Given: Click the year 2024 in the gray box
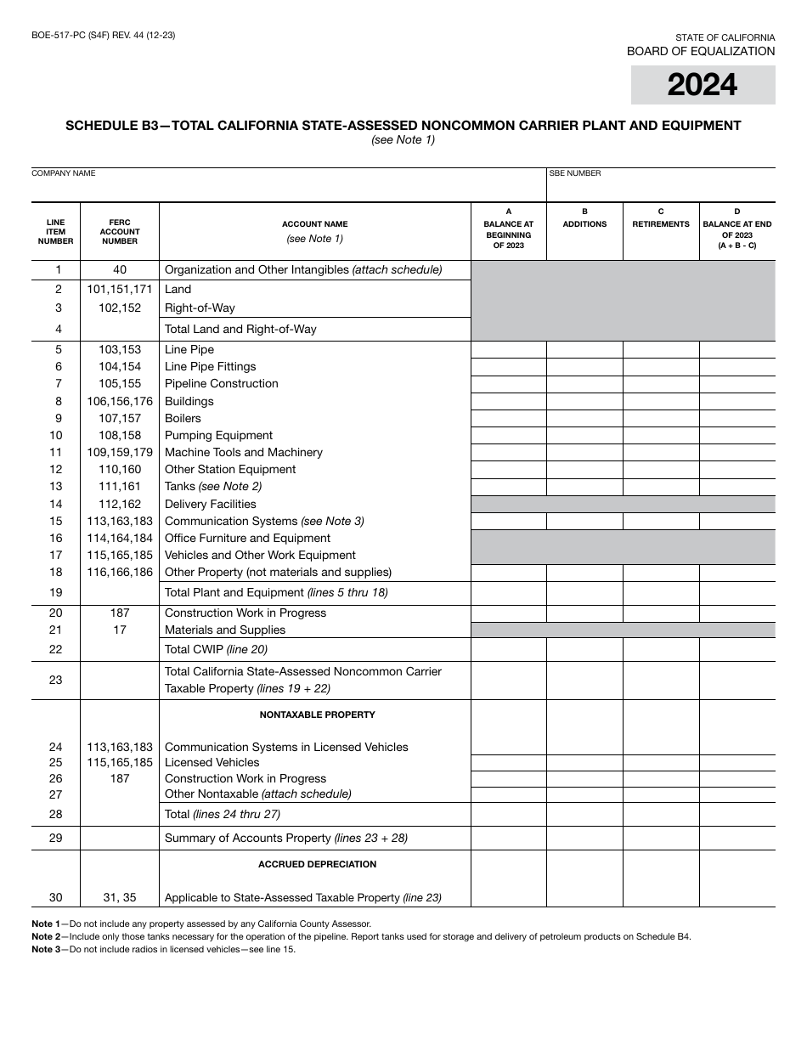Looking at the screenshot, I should tap(703, 85).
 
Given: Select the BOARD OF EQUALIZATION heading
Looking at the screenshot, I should tap(701, 51).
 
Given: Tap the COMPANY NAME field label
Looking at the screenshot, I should tap(64, 173).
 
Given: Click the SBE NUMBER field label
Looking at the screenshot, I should tap(575, 173).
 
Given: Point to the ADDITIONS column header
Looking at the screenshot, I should tap(584, 224).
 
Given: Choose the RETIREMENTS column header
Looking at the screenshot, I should tap(661, 224).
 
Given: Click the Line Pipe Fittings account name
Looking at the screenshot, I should tap(210, 367).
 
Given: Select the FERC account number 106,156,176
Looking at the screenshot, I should tap(120, 401).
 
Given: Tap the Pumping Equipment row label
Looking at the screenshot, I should tap(218, 435).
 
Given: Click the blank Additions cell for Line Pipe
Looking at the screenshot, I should tap(584, 350).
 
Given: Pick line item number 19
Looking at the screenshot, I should tap(56, 593).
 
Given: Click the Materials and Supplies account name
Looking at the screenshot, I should tap(225, 630).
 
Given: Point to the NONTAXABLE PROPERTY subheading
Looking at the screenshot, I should tap(317, 715).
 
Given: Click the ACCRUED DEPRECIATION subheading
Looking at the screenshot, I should tap(317, 865).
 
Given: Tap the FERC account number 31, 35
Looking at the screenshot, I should tap(120, 898).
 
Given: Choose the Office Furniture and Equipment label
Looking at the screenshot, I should tap(247, 538).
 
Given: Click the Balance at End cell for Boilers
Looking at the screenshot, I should tap(736, 418).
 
